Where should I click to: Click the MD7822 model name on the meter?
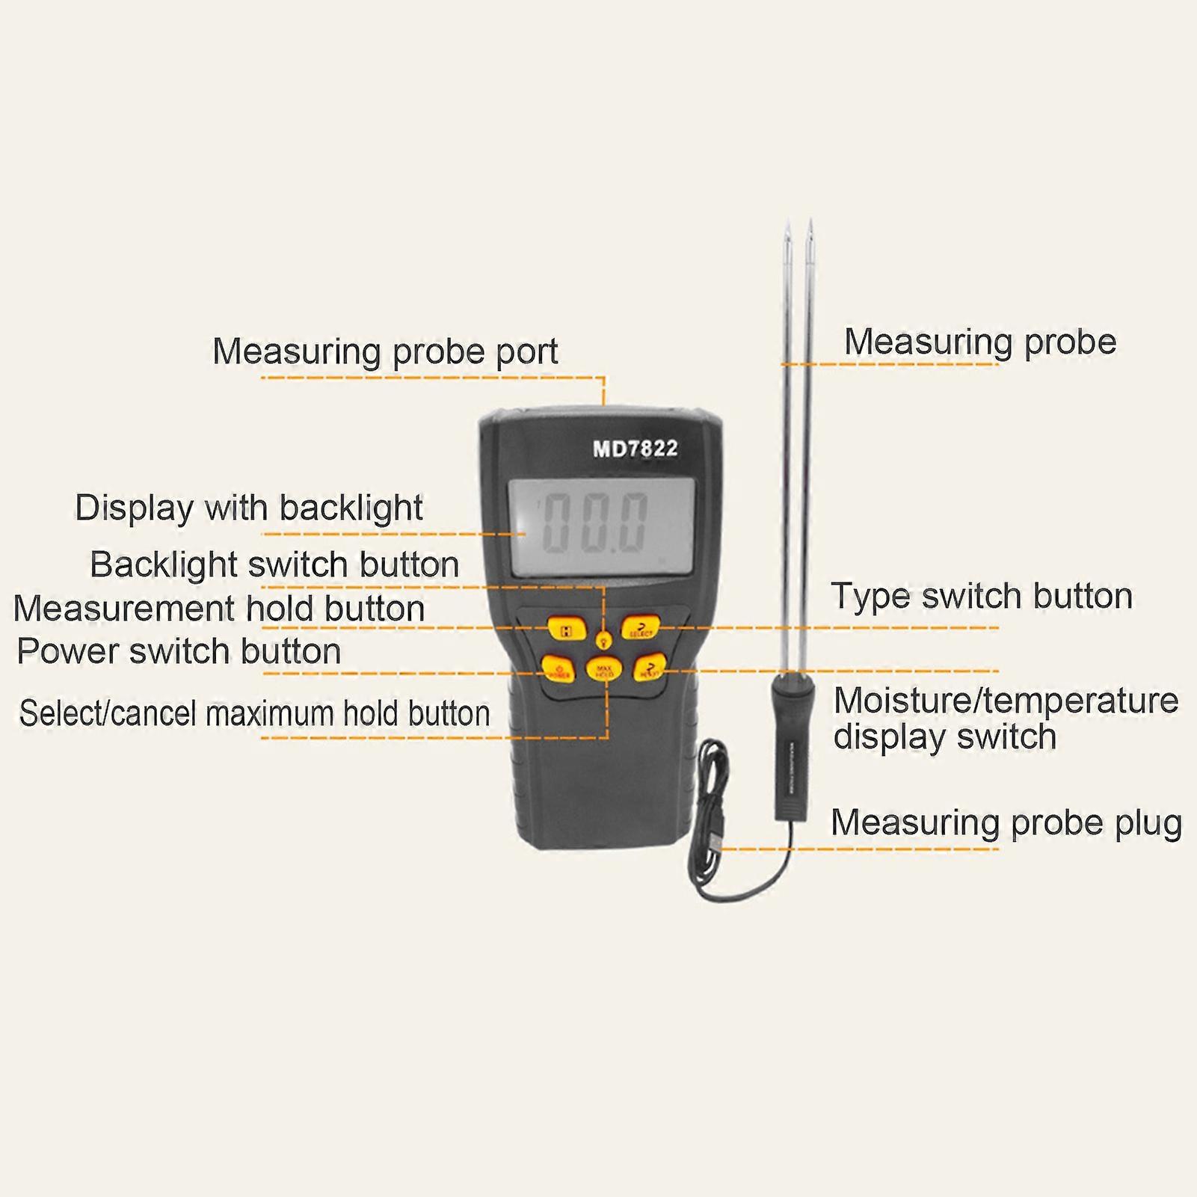(x=635, y=449)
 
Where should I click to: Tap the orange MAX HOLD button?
(x=604, y=670)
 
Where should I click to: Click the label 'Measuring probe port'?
(x=385, y=351)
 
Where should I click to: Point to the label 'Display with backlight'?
(x=249, y=508)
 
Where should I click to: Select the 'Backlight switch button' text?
(x=274, y=564)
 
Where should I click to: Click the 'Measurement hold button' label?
(x=219, y=609)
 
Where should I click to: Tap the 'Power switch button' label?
(x=179, y=651)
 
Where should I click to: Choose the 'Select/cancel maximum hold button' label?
(x=254, y=713)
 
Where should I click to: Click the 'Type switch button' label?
(x=981, y=596)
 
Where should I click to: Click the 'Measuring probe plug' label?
(x=1006, y=822)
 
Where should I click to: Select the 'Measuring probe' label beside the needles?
(x=979, y=342)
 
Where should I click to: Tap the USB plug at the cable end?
(x=716, y=841)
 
